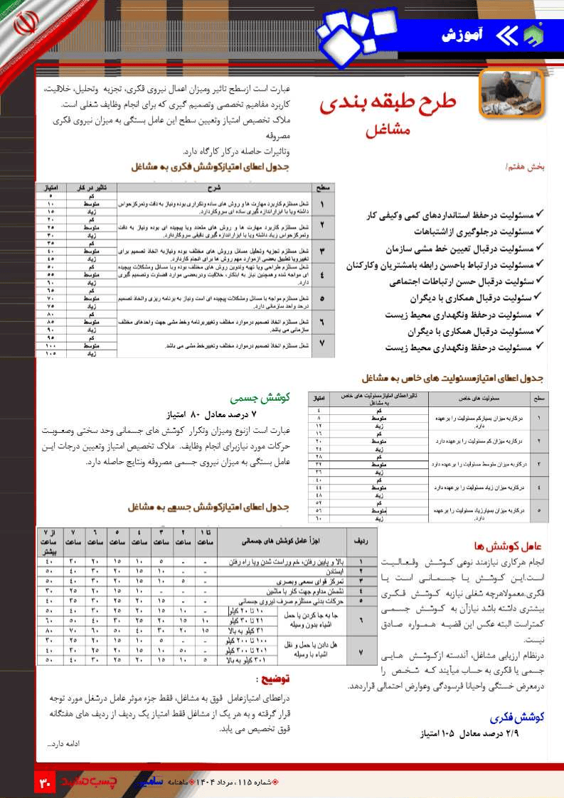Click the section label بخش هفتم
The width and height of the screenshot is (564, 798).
coord(526,166)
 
